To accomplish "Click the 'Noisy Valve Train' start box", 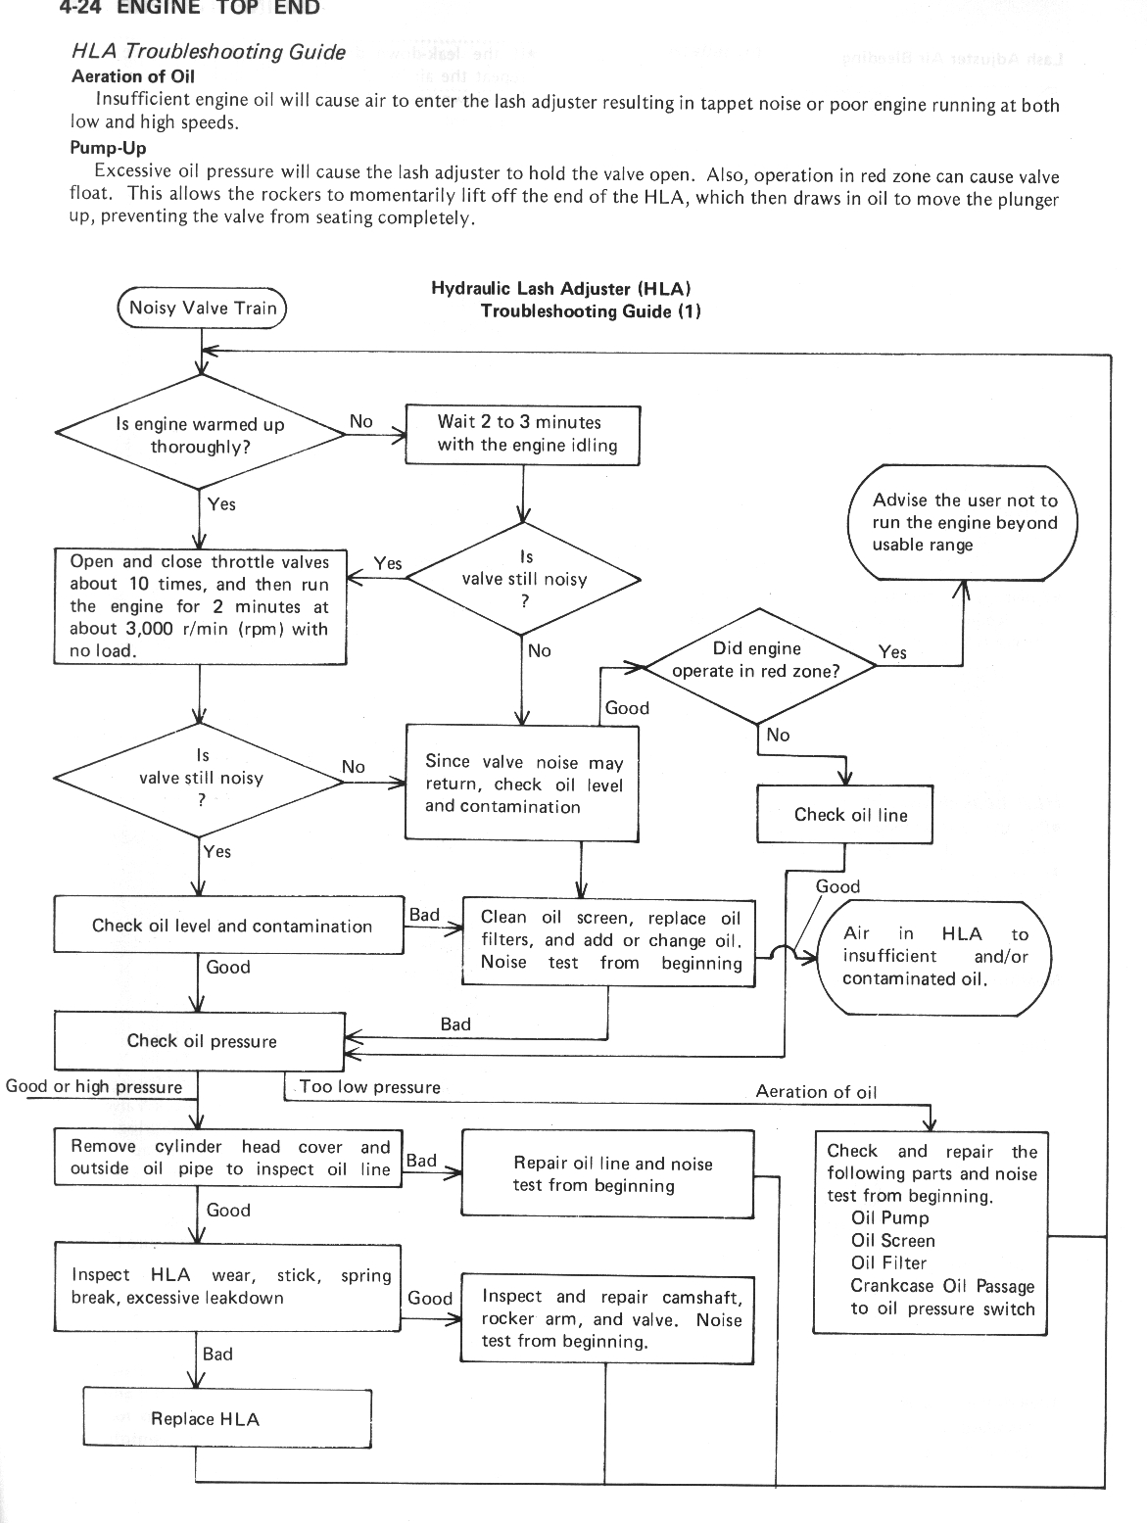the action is pos(202,309).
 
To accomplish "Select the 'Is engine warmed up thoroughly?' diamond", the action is pos(201,433).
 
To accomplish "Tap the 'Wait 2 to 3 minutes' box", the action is pos(522,435).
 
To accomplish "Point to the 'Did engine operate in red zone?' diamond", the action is pos(760,666).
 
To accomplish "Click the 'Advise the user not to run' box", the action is pos(963,522).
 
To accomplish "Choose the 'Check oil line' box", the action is pos(844,814).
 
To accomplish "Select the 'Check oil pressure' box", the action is pos(200,1041).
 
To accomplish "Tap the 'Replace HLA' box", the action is pos(227,1418).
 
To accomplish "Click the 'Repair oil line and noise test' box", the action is pos(607,1173).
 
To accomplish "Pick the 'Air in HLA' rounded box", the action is pos(934,958).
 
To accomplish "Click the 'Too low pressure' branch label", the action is pos(370,1086).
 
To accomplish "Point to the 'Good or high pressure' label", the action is pos(94,1086).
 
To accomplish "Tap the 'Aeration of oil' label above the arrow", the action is pos(816,1092).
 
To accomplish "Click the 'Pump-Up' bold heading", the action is pos(109,148).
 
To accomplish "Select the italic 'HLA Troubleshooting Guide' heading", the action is pos(209,52).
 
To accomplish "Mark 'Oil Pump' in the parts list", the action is pos(889,1217).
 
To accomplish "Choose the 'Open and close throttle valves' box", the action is pos(200,606).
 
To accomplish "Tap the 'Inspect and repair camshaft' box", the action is pos(607,1319).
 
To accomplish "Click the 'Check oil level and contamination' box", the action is pos(229,925).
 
